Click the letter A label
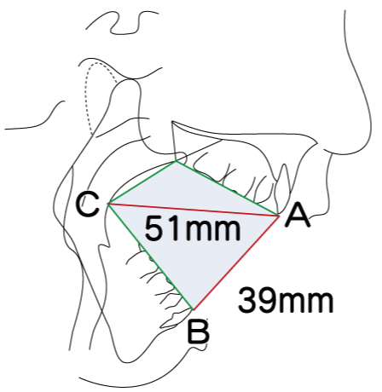[x=298, y=216]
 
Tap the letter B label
[x=199, y=331]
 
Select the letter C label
[x=88, y=205]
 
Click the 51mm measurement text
[x=193, y=228]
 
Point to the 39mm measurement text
[x=286, y=301]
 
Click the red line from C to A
[x=194, y=210]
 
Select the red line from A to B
[x=236, y=262]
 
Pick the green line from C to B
[x=150, y=257]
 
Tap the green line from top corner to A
[x=228, y=188]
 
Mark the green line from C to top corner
[x=142, y=182]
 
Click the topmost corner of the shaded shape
[x=176, y=161]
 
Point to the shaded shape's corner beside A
[x=280, y=216]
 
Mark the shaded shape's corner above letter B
[x=194, y=309]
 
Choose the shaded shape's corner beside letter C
[x=107, y=204]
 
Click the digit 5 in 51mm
[x=153, y=228]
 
